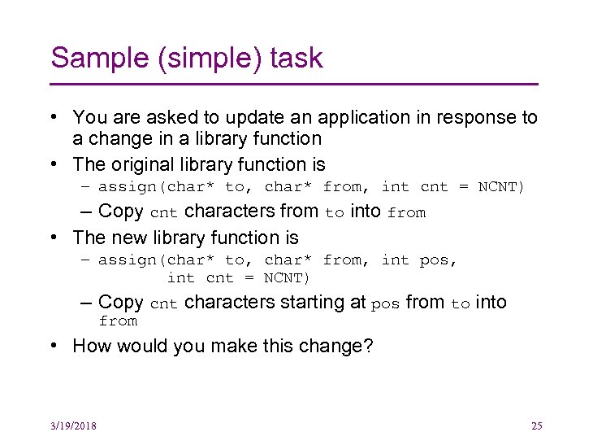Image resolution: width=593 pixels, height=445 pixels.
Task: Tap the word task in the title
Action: tap(297, 58)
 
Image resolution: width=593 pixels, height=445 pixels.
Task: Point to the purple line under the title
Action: tap(294, 84)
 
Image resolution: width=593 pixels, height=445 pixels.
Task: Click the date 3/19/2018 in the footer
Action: tap(72, 425)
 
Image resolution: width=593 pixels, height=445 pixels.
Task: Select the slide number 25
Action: tap(536, 425)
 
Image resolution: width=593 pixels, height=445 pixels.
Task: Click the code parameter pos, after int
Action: tap(439, 260)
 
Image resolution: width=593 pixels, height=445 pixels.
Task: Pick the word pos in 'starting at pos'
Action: tap(386, 303)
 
